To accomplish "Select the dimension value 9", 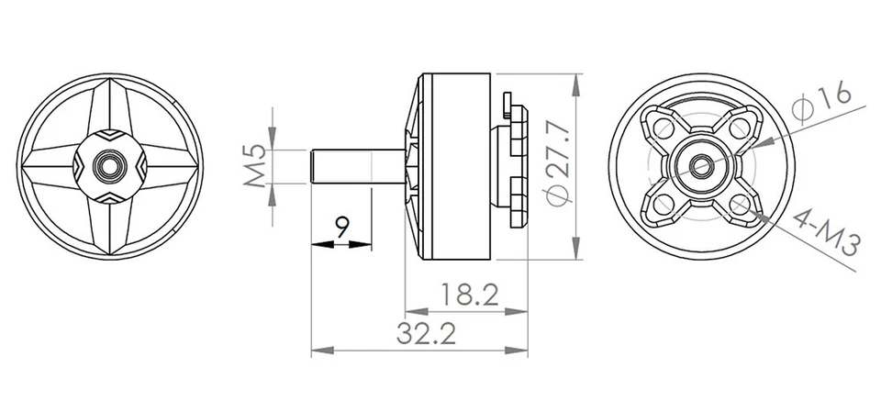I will pos(341,225).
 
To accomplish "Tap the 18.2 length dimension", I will pos(468,295).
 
